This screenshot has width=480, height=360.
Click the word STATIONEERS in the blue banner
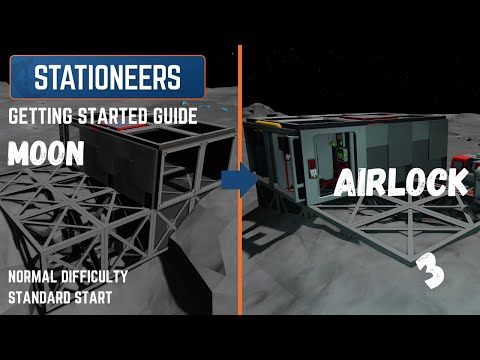click(108, 76)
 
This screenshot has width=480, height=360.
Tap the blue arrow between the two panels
click(235, 181)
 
